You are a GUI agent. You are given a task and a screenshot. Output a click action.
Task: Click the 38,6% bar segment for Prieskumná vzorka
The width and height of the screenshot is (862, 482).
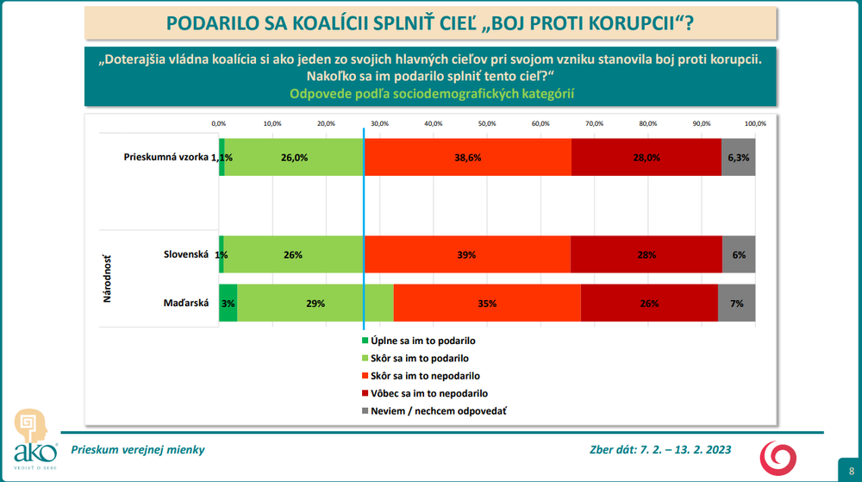pos(468,158)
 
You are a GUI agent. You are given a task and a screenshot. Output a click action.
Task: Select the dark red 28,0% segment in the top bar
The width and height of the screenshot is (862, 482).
pos(646,158)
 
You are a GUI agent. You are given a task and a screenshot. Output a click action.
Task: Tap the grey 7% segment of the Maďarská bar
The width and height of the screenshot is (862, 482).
pos(736,304)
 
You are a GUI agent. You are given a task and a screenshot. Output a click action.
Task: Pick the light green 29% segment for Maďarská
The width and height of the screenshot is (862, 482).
pos(315,304)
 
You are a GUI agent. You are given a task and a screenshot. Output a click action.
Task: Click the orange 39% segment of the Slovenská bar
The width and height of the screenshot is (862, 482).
pos(468,255)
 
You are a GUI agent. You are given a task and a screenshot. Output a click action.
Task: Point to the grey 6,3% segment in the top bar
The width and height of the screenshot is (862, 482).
pos(739,158)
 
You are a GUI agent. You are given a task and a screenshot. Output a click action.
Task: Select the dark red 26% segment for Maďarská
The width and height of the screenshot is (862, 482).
pos(649,304)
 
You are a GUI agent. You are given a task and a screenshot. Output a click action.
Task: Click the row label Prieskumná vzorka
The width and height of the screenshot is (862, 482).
pos(166,158)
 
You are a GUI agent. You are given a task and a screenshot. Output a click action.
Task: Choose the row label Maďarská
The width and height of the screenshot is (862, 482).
pos(186,304)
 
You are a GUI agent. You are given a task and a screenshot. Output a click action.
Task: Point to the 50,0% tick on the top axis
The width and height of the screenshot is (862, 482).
pos(487,123)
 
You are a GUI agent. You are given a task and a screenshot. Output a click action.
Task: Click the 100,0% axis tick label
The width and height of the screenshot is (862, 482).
pos(755,123)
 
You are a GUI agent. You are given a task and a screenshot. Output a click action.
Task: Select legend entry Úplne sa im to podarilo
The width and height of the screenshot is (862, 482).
pos(423,341)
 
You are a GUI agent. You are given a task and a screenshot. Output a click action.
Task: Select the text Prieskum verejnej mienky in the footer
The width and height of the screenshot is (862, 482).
pos(138,450)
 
